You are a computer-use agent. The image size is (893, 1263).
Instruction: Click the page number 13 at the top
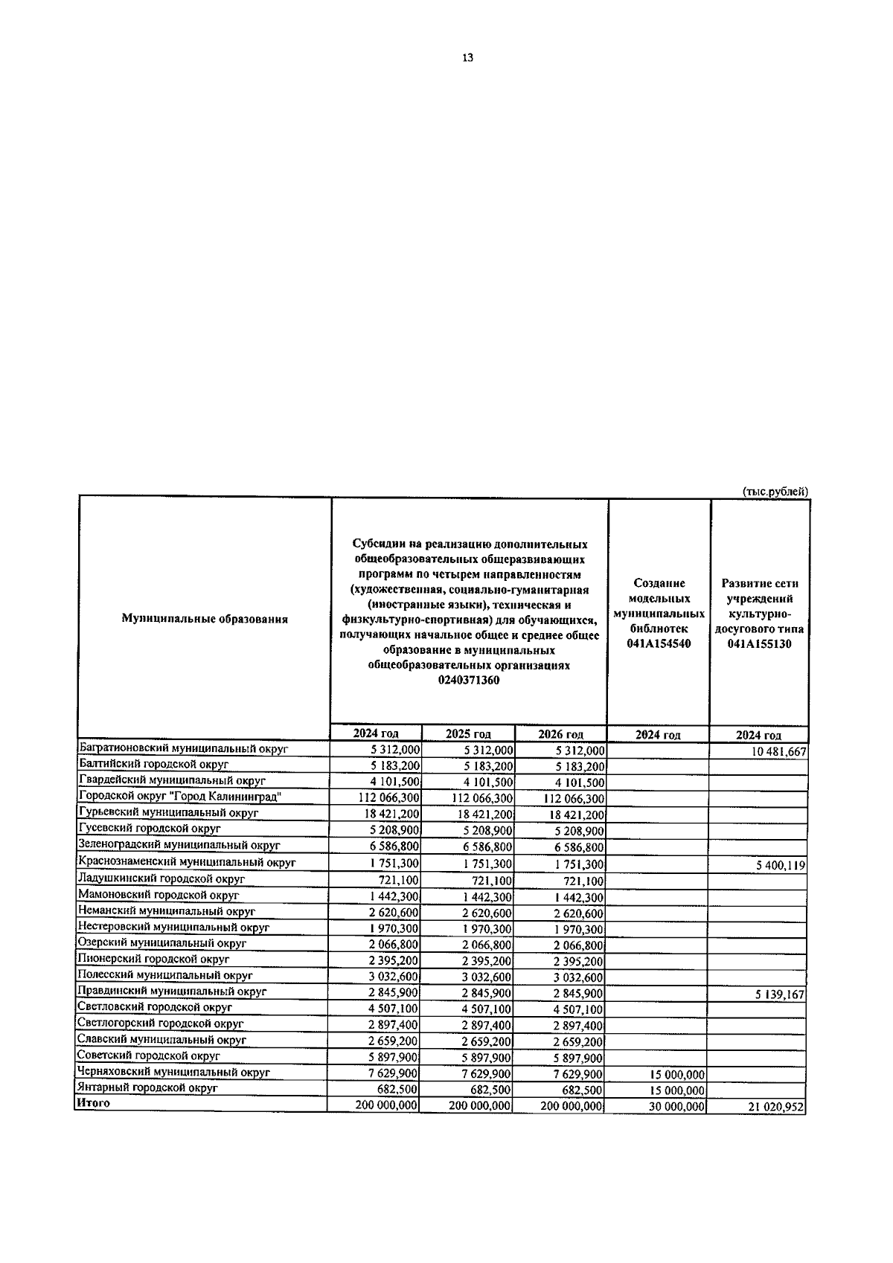467,58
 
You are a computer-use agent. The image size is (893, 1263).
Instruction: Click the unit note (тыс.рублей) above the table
775,491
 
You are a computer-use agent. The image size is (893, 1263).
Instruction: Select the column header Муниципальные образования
205,619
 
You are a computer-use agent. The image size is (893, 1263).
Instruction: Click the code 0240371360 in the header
469,680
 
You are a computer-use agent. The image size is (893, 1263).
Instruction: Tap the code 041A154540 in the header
659,643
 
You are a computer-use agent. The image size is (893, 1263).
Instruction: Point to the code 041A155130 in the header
760,644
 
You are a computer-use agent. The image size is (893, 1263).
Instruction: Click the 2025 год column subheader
468,734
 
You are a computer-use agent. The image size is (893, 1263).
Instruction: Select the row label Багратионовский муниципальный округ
183,748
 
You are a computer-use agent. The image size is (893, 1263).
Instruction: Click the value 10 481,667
778,752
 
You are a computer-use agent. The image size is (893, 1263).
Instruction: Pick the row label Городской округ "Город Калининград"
179,797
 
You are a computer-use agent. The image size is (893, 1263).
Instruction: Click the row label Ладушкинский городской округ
161,878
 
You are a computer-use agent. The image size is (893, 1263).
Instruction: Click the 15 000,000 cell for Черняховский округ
676,1075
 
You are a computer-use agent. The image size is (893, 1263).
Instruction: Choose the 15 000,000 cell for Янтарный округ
676,1090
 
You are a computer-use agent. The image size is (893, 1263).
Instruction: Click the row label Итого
93,1103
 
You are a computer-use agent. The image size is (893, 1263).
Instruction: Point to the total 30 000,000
676,1107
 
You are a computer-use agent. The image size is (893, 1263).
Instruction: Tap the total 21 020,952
778,1108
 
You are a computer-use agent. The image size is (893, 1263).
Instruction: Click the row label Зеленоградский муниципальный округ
179,845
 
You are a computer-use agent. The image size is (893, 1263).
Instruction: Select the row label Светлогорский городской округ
161,1023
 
